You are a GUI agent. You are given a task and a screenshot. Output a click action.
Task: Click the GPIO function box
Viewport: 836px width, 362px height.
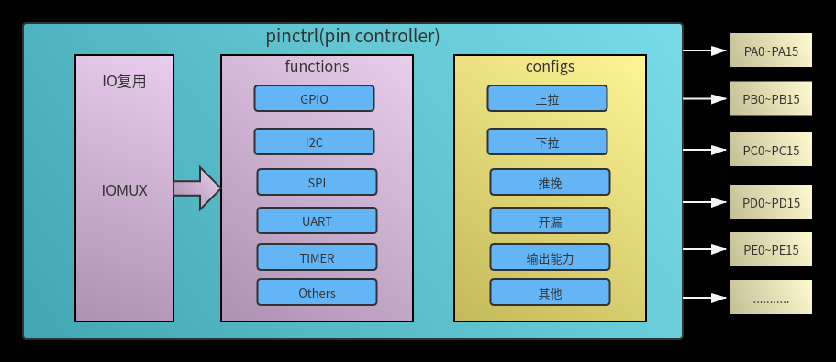(x=314, y=98)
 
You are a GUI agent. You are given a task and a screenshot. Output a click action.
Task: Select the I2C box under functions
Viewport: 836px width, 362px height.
(x=314, y=141)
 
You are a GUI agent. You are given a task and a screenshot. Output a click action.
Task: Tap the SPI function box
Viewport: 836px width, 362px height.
(x=317, y=182)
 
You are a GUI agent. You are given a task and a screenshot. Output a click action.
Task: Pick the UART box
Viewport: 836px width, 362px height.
(x=317, y=221)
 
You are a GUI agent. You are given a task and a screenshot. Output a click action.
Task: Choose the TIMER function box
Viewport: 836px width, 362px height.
(x=317, y=257)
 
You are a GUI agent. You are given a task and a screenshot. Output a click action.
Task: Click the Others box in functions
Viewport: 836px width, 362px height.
(x=317, y=293)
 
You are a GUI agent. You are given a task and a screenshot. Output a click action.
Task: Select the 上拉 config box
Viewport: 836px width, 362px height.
(x=547, y=98)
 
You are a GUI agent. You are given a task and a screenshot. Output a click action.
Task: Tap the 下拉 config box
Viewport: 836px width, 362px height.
(x=547, y=141)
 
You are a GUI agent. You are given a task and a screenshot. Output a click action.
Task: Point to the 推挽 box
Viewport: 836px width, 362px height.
(x=550, y=182)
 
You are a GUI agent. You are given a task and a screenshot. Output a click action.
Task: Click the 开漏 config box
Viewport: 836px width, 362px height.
(x=550, y=221)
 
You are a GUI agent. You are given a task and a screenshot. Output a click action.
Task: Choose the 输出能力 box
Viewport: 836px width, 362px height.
(x=550, y=257)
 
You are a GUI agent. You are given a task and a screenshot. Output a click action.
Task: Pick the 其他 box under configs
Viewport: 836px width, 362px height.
(x=550, y=293)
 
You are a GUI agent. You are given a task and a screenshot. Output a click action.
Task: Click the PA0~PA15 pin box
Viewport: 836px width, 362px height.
(x=771, y=51)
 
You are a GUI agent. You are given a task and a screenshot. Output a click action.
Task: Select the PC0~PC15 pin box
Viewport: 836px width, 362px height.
(x=771, y=150)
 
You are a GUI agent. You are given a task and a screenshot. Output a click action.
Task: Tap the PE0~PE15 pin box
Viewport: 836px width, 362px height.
(x=771, y=249)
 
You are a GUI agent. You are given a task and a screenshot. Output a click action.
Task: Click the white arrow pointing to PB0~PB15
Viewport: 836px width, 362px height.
(x=706, y=99)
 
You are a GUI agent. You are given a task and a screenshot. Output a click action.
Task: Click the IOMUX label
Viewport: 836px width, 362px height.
(x=124, y=190)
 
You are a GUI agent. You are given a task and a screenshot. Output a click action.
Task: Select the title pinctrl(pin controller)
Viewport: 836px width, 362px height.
(x=352, y=37)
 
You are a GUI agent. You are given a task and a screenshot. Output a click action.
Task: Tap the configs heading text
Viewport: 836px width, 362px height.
(x=550, y=66)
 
